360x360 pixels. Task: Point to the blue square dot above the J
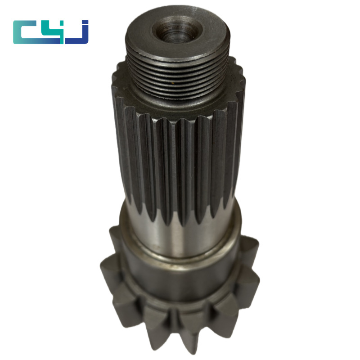(x=85, y=22)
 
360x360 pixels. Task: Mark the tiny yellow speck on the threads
(x=171, y=81)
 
